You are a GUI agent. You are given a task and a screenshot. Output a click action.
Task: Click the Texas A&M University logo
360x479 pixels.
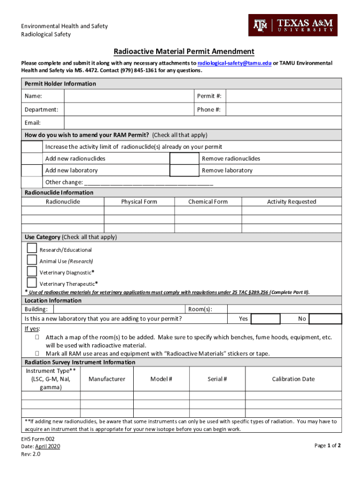pyautogui.click(x=293, y=25)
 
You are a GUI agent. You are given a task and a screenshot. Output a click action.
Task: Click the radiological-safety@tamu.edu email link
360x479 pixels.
pyautogui.click(x=234, y=63)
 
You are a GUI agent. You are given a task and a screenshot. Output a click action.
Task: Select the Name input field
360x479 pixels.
pyautogui.click(x=129, y=96)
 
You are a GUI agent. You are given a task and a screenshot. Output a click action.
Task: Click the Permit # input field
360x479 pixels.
pyautogui.click(x=284, y=96)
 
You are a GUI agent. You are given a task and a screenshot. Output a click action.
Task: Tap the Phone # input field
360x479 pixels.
pyautogui.click(x=284, y=110)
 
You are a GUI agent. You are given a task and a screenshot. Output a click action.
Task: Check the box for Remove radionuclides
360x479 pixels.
pyautogui.click(x=184, y=159)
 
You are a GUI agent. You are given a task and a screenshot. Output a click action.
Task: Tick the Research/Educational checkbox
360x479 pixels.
pyautogui.click(x=32, y=248)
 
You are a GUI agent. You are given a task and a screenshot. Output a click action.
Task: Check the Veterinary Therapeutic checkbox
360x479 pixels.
pyautogui.click(x=32, y=283)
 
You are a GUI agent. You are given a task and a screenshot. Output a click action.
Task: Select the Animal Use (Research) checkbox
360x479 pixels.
pyautogui.click(x=32, y=260)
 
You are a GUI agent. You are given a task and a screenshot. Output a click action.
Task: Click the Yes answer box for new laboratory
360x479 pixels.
pyautogui.click(x=265, y=319)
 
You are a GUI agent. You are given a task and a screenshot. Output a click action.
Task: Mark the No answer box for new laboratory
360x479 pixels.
pyautogui.click(x=325, y=319)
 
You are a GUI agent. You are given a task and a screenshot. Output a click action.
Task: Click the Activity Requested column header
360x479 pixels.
pyautogui.click(x=291, y=202)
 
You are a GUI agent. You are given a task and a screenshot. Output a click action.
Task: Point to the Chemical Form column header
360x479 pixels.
pyautogui.click(x=208, y=202)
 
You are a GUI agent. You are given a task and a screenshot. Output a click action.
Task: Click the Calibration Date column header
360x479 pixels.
pyautogui.click(x=293, y=379)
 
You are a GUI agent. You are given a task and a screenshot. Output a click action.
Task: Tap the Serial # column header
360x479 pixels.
pyautogui.click(x=217, y=379)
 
